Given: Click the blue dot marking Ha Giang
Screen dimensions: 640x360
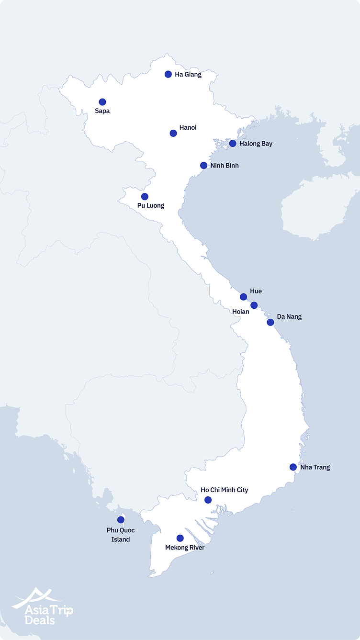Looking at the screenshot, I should [x=168, y=74].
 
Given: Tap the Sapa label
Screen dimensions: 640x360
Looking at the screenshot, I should [x=102, y=111].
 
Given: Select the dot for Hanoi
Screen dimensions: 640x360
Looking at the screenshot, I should [x=173, y=133].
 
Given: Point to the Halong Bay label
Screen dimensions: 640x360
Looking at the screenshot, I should [x=256, y=144].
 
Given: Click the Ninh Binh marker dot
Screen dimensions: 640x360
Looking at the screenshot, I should [x=203, y=166].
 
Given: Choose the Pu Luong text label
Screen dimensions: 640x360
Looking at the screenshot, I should [x=151, y=206].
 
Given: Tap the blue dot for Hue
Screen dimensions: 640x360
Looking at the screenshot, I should [x=243, y=297].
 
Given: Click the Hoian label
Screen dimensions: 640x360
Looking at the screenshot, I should [x=240, y=312].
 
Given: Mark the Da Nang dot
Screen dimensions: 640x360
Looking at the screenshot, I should [x=270, y=322].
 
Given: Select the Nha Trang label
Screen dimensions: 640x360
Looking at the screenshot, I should [x=315, y=467].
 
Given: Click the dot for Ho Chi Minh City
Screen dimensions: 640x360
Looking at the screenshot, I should [x=208, y=500].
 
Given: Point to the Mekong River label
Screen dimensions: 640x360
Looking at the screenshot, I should [x=185, y=548].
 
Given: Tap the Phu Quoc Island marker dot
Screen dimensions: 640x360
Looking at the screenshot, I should [x=121, y=520].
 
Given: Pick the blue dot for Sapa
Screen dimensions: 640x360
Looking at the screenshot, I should [x=102, y=102].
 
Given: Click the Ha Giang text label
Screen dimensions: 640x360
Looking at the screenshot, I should [x=188, y=75].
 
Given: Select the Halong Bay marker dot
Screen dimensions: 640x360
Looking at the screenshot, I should [x=233, y=144].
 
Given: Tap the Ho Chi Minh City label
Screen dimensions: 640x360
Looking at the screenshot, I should [x=225, y=490].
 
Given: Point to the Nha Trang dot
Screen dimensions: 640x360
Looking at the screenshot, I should [x=293, y=467].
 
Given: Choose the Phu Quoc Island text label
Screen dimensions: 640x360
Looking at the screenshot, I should [x=121, y=535].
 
